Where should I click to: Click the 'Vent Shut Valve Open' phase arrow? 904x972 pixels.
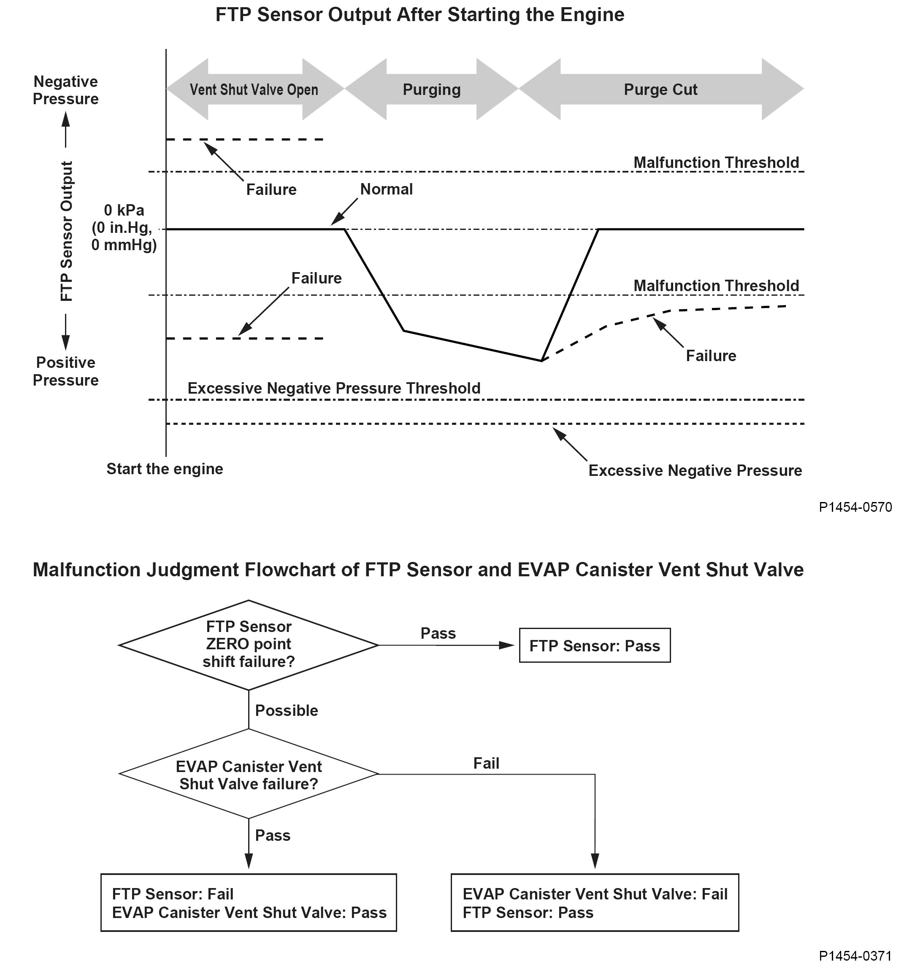tap(254, 89)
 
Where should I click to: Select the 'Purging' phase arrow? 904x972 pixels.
tap(431, 89)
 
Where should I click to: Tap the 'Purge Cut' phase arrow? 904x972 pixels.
tap(660, 89)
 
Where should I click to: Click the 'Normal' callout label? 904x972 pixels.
tap(387, 189)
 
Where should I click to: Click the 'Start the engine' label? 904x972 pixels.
tap(165, 469)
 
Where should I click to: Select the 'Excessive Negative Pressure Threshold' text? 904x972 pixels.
tap(334, 388)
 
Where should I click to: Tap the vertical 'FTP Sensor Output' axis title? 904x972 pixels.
tap(67, 231)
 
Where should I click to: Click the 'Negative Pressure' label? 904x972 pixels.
tap(65, 90)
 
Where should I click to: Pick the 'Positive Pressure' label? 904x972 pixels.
tap(65, 372)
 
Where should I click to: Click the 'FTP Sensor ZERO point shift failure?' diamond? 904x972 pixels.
tap(249, 645)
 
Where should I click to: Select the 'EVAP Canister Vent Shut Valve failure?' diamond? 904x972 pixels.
tap(249, 775)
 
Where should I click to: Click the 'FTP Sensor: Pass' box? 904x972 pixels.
tap(594, 646)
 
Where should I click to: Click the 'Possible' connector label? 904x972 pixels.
tap(287, 710)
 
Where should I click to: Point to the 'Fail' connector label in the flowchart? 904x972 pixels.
tap(486, 763)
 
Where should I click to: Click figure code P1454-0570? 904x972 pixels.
tap(855, 507)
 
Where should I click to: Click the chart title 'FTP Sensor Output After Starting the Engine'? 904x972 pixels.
tap(420, 15)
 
